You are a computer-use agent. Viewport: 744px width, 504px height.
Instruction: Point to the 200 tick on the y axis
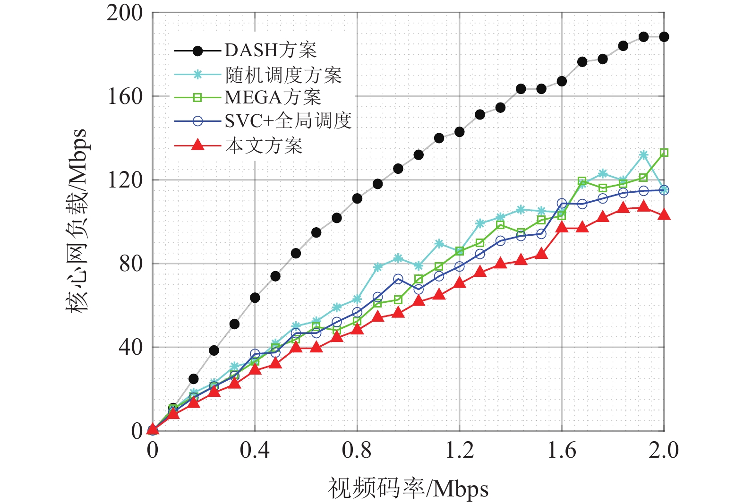[125, 13]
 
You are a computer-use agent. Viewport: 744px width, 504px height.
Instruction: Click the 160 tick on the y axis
[125, 96]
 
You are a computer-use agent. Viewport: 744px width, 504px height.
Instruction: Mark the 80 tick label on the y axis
[130, 264]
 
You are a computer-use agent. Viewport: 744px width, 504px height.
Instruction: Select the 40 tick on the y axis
[130, 347]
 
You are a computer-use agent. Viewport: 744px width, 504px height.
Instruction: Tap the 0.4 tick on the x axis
[255, 450]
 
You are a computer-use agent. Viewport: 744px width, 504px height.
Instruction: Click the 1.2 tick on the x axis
[460, 450]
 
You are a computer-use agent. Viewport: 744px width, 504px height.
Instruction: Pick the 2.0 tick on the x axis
[664, 450]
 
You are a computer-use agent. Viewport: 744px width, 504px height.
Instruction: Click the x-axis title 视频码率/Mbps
[408, 488]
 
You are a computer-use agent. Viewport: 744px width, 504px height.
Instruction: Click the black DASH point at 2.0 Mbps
[664, 37]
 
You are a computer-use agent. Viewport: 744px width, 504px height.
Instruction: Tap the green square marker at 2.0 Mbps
[664, 153]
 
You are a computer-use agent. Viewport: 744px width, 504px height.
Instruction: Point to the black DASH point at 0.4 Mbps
[255, 298]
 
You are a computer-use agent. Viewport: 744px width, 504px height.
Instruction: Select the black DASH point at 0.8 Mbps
[357, 198]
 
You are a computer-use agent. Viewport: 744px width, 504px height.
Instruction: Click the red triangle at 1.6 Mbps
[562, 228]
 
